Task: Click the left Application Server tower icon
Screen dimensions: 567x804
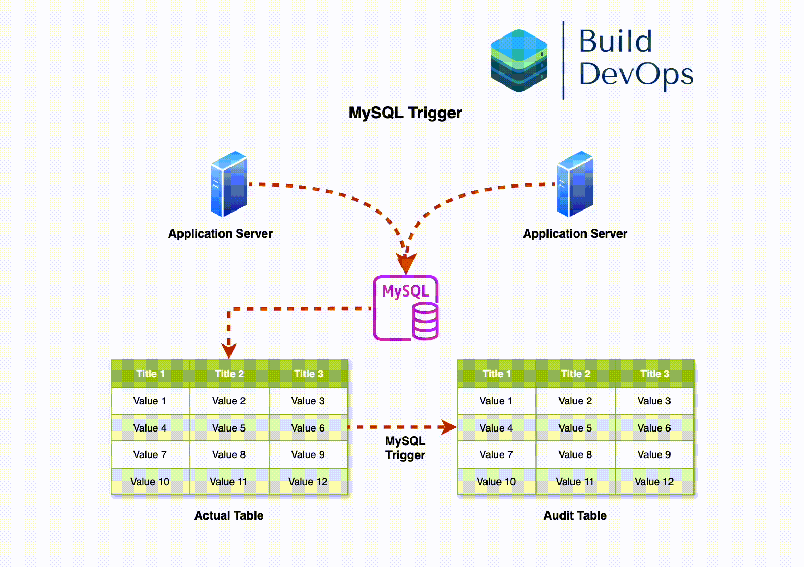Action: click(228, 184)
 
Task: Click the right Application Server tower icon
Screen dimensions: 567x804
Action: click(575, 184)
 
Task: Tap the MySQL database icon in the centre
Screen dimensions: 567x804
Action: click(406, 308)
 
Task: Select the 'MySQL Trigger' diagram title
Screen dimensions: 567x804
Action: click(405, 113)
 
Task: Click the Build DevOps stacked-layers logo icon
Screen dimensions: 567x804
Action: click(519, 60)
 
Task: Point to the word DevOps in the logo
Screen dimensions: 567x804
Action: click(636, 73)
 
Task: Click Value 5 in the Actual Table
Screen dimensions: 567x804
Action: click(228, 428)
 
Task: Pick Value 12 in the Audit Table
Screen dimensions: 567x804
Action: click(654, 482)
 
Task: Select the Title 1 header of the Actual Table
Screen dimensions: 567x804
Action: click(150, 374)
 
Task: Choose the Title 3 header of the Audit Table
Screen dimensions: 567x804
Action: click(654, 374)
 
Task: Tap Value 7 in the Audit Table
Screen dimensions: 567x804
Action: click(496, 454)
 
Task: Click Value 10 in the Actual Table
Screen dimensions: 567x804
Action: click(150, 482)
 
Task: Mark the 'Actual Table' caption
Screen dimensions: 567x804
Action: click(229, 515)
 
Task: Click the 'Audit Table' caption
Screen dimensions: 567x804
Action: click(575, 515)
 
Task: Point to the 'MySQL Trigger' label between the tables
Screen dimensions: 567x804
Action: click(405, 448)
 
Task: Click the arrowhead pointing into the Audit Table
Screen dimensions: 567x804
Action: click(448, 427)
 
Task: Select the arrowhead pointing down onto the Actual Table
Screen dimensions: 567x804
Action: click(229, 350)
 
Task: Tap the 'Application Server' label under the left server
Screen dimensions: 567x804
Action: click(220, 233)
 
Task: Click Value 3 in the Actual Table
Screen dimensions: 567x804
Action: click(308, 401)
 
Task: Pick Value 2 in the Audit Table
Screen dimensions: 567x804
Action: click(575, 401)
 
